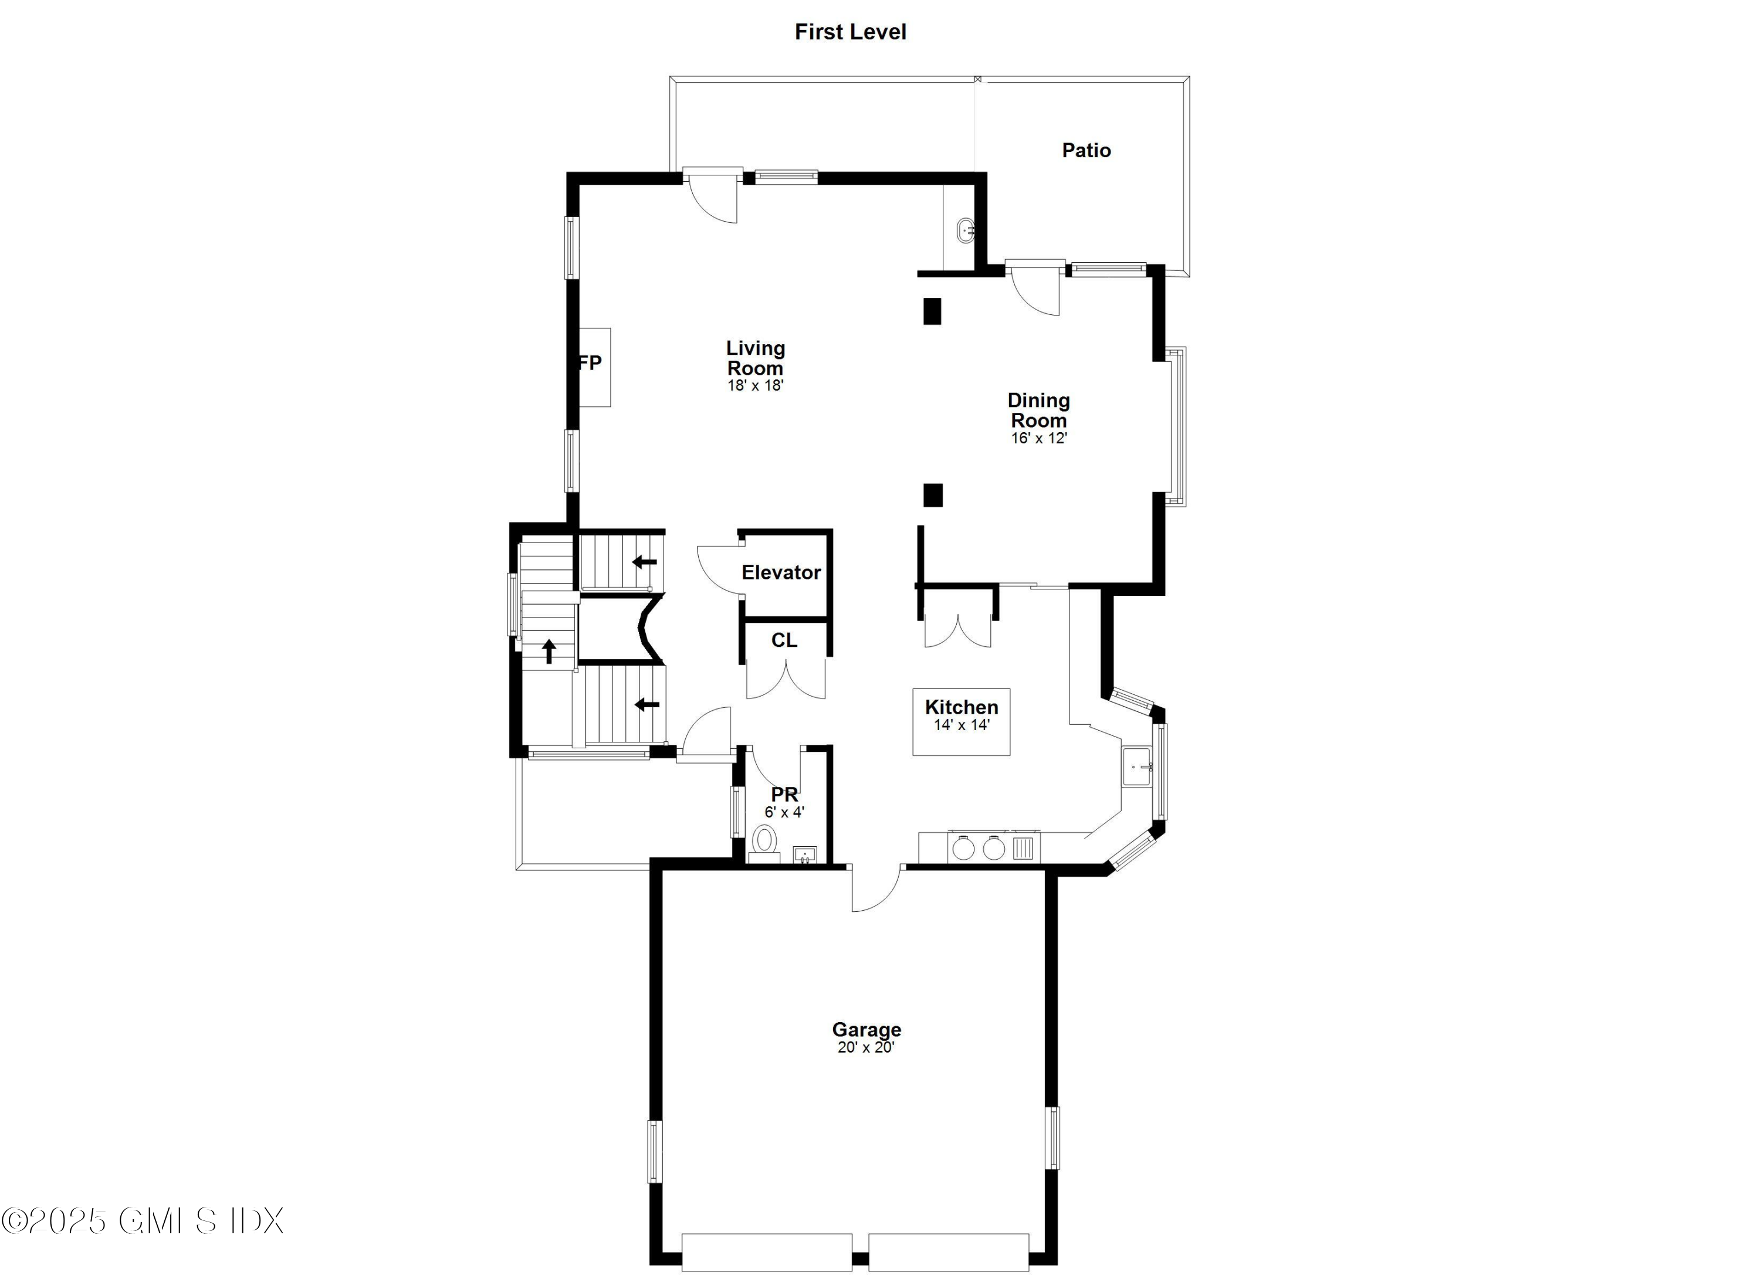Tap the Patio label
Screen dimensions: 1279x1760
tap(1086, 151)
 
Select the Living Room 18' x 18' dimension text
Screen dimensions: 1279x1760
tap(755, 385)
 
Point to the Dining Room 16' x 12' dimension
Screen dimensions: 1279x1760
tap(1038, 438)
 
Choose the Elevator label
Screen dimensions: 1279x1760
tap(781, 572)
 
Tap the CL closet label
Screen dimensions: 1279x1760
tap(784, 640)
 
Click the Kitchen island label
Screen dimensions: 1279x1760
tap(962, 707)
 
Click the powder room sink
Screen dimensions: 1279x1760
tap(805, 855)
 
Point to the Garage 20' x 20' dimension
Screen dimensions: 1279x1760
tap(866, 1047)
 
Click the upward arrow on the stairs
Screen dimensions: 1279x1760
tap(550, 651)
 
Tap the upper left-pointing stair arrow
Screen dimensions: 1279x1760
tap(644, 562)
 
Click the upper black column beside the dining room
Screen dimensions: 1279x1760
tap(932, 311)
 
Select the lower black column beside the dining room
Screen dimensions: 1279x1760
tap(933, 495)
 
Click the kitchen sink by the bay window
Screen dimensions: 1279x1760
tap(1138, 767)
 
